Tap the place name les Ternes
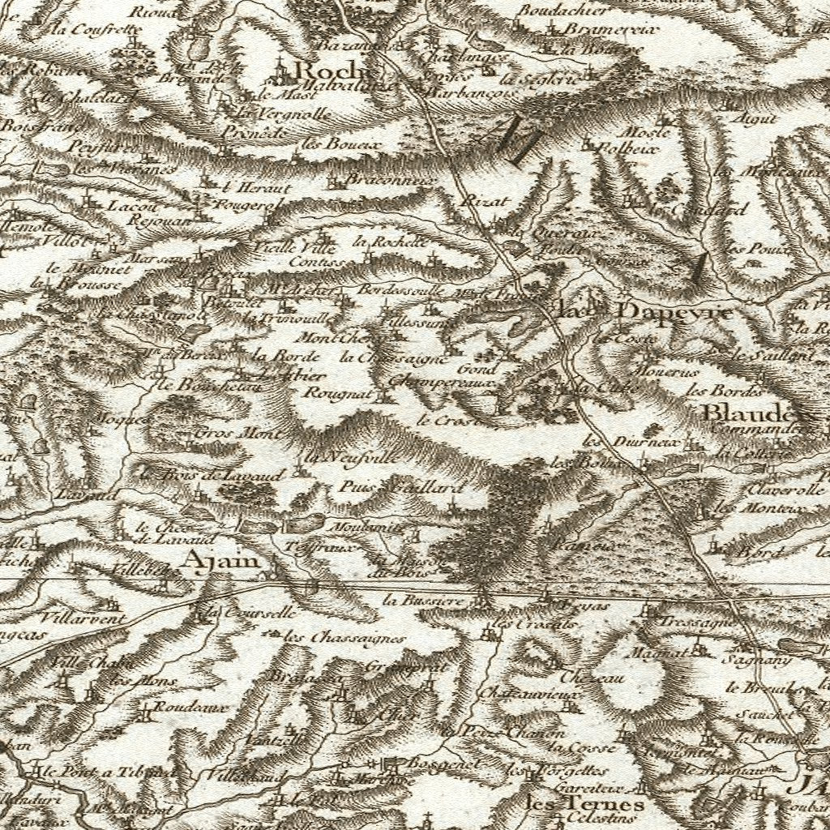pyautogui.click(x=585, y=803)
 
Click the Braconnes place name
pyautogui.click(x=383, y=179)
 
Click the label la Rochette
pyautogui.click(x=389, y=242)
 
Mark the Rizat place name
pyautogui.click(x=485, y=200)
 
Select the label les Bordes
pyautogui.click(x=713, y=391)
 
